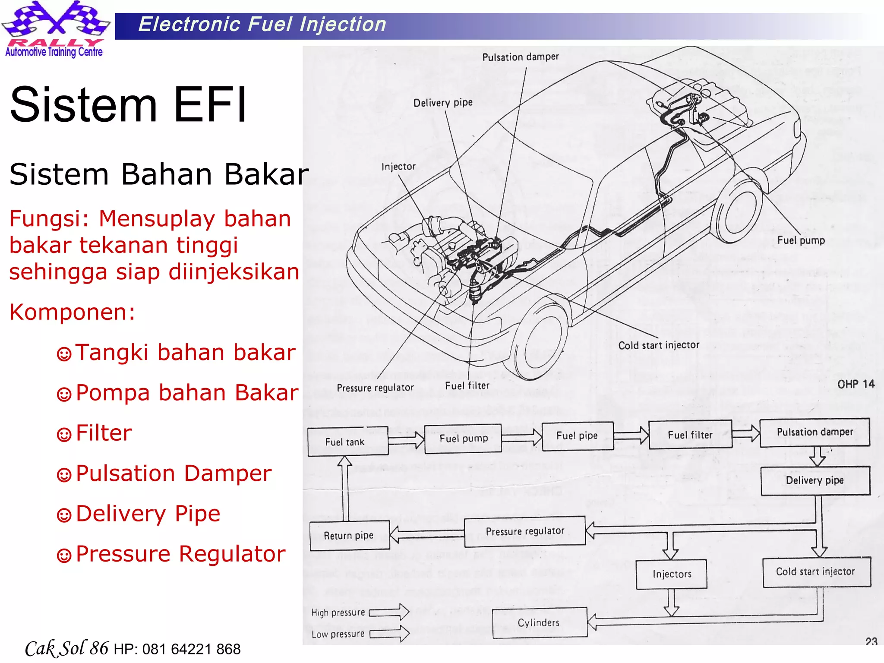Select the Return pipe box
349,535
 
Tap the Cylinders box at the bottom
539,622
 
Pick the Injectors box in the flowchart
671,574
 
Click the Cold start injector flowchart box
816,571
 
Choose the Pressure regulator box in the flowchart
525,531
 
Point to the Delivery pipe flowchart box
815,480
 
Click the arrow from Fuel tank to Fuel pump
406,440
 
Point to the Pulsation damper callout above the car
521,57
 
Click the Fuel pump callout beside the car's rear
801,240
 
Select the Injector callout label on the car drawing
398,167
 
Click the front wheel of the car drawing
540,341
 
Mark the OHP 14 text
856,384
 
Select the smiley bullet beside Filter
64,434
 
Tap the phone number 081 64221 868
191,649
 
